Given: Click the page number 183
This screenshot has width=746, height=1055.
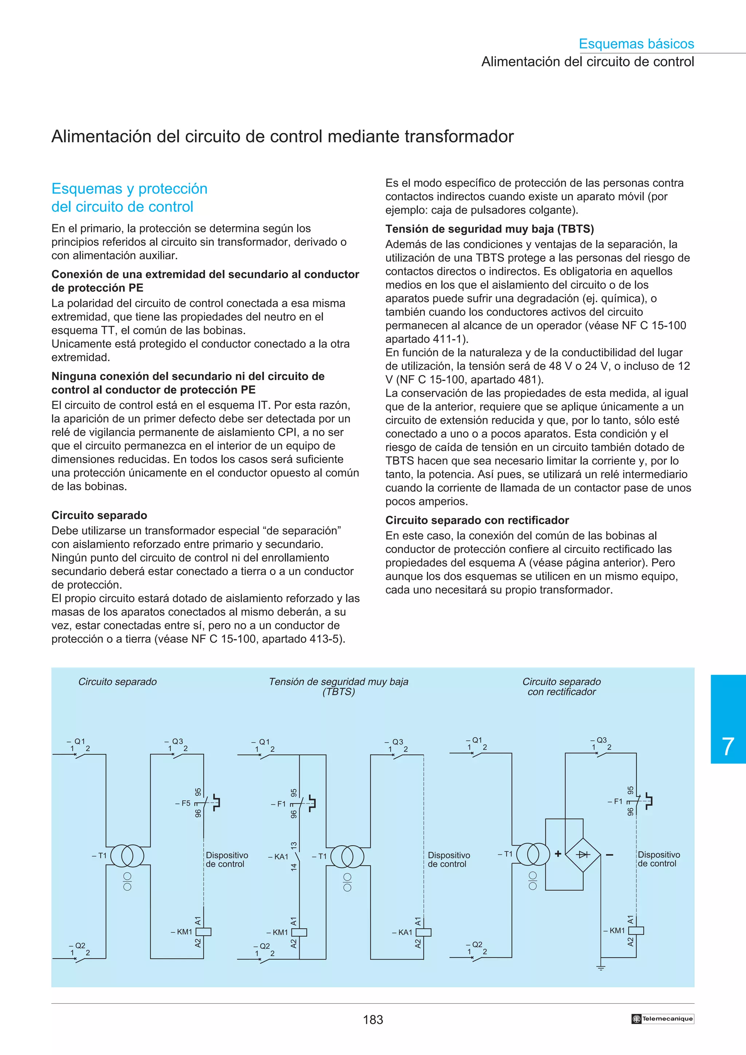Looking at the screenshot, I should [x=373, y=1020].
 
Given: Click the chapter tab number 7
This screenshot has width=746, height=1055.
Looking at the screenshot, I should [x=728, y=747].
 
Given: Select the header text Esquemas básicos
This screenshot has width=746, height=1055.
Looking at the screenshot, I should [x=636, y=44].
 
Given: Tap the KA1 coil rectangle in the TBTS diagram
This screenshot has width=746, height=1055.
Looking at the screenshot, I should [x=423, y=932].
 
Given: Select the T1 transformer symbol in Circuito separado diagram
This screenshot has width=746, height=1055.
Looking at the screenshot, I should [x=127, y=856].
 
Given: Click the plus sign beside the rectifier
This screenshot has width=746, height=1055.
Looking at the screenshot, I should [x=558, y=854].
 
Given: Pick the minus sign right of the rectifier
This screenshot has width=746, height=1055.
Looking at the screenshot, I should [x=609, y=855].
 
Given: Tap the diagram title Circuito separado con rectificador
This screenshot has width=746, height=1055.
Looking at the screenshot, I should [x=561, y=687].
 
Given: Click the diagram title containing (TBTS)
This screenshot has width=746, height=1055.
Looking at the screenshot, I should [x=338, y=687].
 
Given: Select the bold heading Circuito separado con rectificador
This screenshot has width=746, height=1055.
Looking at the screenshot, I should [x=477, y=520].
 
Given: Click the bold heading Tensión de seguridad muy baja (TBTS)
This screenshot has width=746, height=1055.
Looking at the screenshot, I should [x=489, y=229].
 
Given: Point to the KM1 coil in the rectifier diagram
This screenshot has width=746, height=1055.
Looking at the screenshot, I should [x=636, y=930].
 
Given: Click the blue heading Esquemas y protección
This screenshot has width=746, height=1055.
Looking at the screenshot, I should [x=129, y=189].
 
